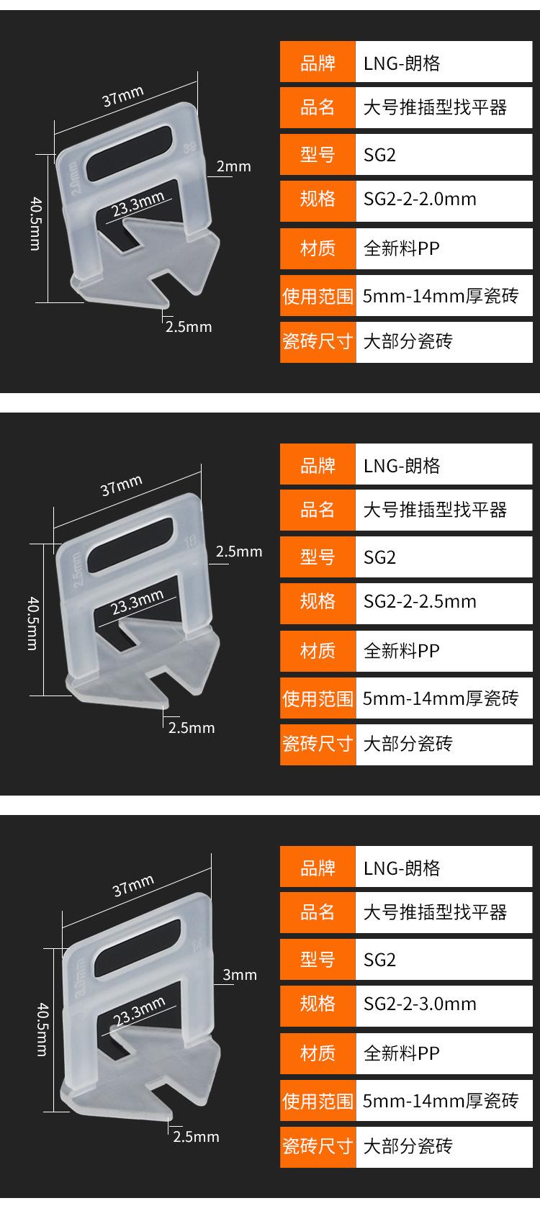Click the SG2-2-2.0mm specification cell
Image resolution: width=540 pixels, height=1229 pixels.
444,199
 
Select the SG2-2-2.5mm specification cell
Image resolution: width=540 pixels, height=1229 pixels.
444,602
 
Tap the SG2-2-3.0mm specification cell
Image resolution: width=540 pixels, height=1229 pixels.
444,1004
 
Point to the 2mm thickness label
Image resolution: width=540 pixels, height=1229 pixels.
234,166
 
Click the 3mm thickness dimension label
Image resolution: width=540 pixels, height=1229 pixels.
240,975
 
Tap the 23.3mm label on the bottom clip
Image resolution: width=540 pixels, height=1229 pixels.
139,1012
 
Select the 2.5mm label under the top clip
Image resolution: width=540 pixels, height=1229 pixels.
189,327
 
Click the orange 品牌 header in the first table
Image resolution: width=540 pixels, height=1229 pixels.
318,63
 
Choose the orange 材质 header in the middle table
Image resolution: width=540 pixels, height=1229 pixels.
318,651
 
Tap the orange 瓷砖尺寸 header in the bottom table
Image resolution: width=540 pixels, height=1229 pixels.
318,1145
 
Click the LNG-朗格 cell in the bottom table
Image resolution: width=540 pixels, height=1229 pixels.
444,868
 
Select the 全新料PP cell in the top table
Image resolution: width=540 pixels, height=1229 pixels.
444,248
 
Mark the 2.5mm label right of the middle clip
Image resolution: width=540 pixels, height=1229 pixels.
239,552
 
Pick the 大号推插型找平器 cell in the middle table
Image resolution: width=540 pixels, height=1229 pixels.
444,510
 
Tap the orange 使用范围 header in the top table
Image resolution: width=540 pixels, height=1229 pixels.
318,296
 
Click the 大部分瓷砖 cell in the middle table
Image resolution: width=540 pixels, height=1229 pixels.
444,744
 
